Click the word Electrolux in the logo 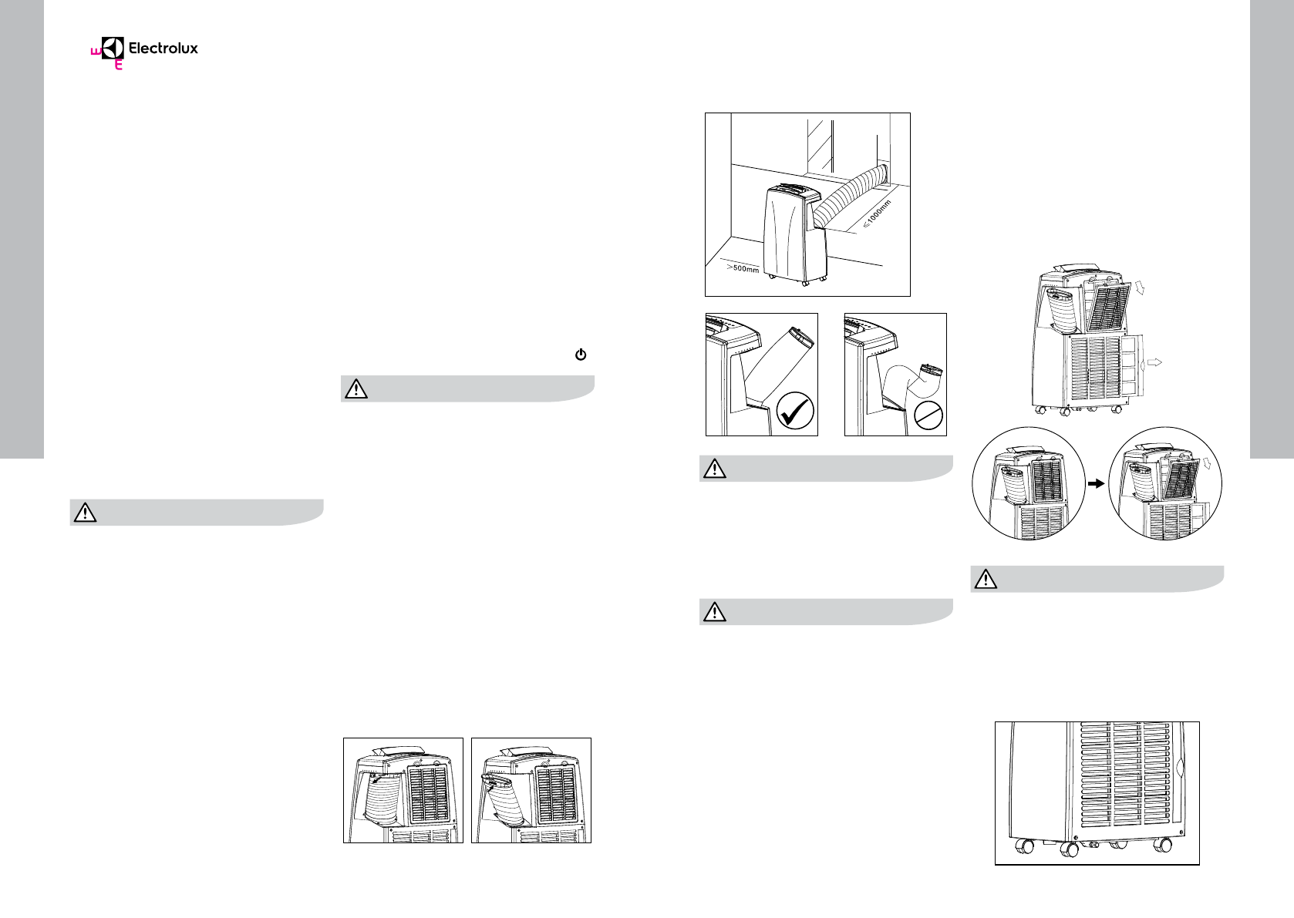(163, 49)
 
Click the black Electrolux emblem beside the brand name (113, 49)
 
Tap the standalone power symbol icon (581, 355)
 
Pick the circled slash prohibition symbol (928, 416)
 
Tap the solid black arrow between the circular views (1093, 483)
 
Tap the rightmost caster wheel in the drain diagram (1161, 846)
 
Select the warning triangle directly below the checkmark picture (715, 469)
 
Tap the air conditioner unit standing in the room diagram (790, 232)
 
